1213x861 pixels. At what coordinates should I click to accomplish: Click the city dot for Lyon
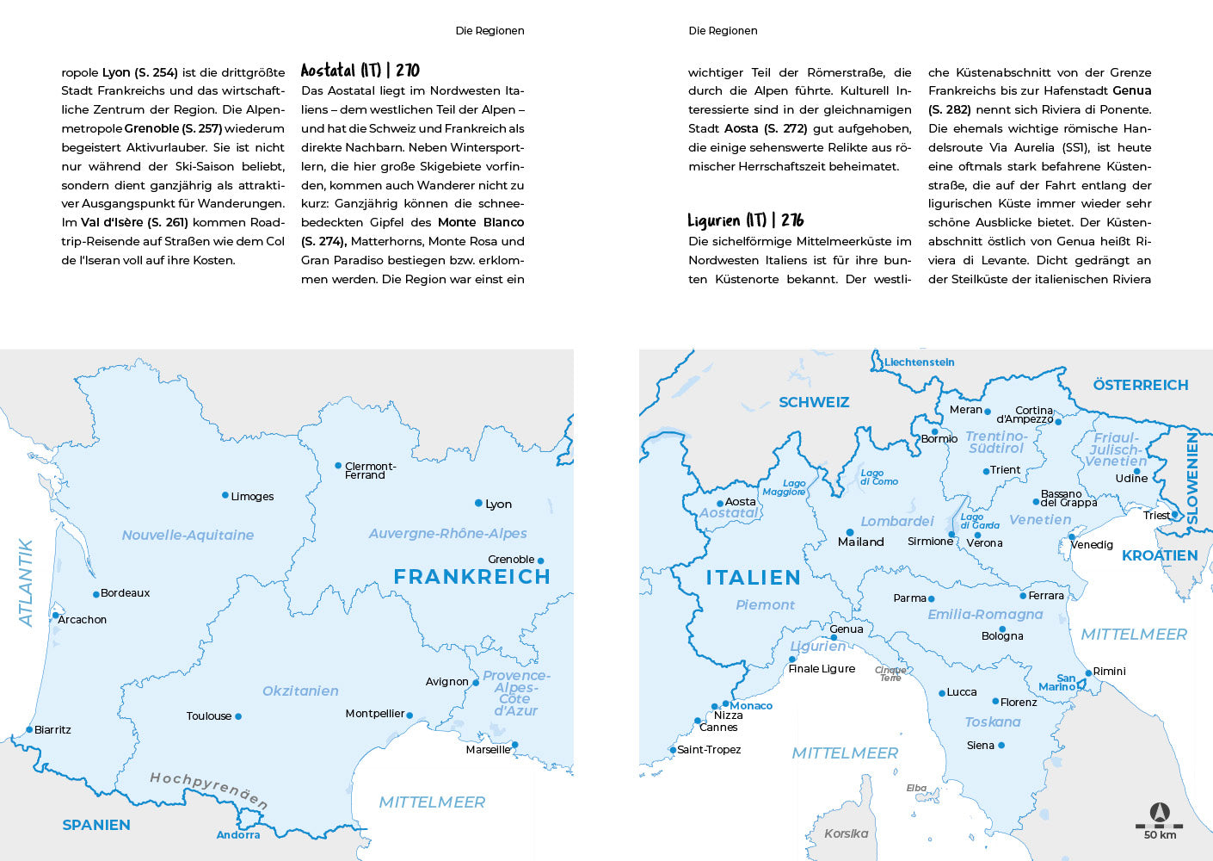478,503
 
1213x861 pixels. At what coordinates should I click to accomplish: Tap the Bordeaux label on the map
125,593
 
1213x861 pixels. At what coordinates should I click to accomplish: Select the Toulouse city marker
238,716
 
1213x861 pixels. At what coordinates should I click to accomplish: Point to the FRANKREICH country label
471,577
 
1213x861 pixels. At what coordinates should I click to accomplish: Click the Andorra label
238,834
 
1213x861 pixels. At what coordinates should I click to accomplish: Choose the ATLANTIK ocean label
26,583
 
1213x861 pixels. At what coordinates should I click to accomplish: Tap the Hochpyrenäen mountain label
208,789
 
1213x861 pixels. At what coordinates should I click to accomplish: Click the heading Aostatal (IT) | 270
360,71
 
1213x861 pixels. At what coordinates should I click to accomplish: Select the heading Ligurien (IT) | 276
745,220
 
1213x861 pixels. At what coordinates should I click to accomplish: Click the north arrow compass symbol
1160,812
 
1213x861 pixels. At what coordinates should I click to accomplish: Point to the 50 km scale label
1160,834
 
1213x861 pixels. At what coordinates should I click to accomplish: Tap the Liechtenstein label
920,362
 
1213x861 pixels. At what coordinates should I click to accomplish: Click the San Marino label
1058,683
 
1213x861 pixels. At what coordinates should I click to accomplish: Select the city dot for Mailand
850,532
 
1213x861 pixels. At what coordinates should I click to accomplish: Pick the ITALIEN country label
753,578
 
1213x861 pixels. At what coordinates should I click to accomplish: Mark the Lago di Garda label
979,521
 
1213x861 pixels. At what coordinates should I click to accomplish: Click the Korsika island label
846,833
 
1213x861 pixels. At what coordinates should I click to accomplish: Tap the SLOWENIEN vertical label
1192,479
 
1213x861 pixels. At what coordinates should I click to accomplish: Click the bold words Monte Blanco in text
480,222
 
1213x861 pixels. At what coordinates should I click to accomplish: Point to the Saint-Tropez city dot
673,750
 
